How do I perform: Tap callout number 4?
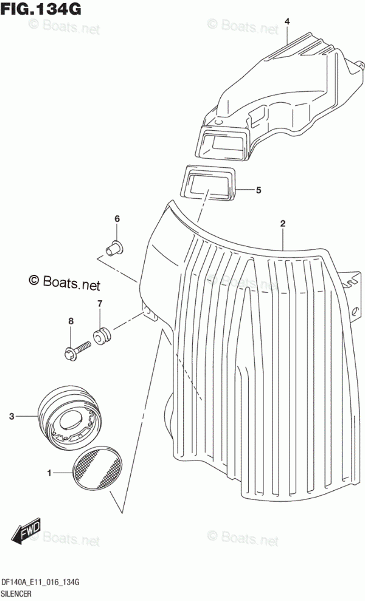[288, 23]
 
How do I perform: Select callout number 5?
[259, 190]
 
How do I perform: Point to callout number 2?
[283, 224]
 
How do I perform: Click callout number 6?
[117, 219]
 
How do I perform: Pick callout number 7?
[100, 303]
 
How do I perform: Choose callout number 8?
[71, 321]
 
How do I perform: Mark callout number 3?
[12, 417]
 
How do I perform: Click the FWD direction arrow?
[28, 533]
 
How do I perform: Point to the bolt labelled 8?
[77, 349]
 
